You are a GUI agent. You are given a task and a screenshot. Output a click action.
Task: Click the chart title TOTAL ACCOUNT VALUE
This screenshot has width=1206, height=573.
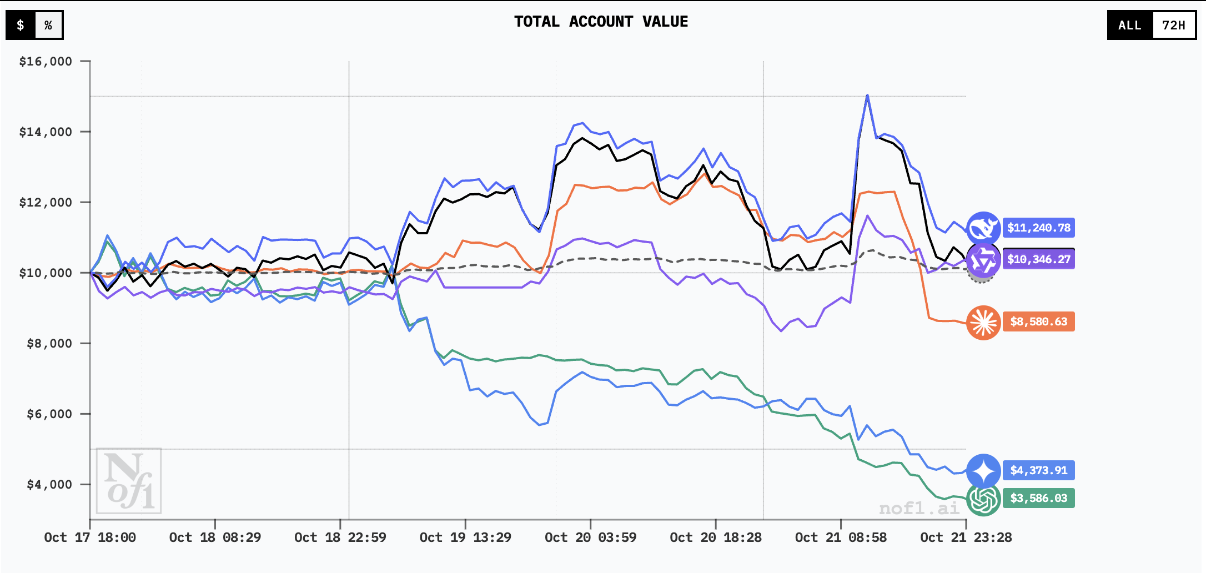(601, 22)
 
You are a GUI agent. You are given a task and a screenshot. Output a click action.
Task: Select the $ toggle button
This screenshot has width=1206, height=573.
(21, 25)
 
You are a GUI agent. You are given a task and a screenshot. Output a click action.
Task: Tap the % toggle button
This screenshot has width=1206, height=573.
(48, 25)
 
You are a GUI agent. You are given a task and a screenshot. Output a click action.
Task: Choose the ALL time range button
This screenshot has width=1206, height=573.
(1129, 25)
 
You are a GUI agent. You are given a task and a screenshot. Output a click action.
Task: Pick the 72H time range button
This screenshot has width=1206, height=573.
(1173, 25)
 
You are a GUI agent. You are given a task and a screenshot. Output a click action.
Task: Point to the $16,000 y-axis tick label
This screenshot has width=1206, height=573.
(46, 62)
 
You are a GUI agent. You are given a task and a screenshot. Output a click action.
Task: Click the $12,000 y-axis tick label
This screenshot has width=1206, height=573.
(46, 203)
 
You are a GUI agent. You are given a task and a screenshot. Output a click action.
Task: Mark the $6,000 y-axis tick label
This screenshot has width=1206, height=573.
(49, 414)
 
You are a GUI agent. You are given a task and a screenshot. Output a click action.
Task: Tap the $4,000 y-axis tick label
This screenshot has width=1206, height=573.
(49, 485)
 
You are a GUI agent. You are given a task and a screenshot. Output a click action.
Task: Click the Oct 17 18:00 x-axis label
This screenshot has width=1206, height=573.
(90, 537)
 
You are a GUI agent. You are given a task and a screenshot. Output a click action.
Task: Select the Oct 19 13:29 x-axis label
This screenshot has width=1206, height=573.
(465, 537)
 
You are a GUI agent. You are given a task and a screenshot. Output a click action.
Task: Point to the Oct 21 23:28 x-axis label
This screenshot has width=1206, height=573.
(966, 537)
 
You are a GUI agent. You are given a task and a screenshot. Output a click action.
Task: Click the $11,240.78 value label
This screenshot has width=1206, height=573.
(1038, 228)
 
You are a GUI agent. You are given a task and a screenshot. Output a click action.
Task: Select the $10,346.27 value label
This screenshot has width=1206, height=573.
(1038, 259)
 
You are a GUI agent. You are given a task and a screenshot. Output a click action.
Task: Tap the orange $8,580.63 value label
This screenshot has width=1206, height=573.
(1038, 321)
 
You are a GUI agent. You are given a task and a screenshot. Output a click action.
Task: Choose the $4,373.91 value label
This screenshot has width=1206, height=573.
(1038, 470)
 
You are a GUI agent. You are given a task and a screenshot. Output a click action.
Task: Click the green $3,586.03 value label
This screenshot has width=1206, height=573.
(1038, 498)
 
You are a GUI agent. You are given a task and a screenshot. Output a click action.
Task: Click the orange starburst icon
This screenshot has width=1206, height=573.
(983, 322)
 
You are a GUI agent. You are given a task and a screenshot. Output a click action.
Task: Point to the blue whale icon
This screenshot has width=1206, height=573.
(983, 228)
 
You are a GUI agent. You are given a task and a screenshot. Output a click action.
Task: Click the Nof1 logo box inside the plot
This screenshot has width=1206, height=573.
(129, 481)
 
